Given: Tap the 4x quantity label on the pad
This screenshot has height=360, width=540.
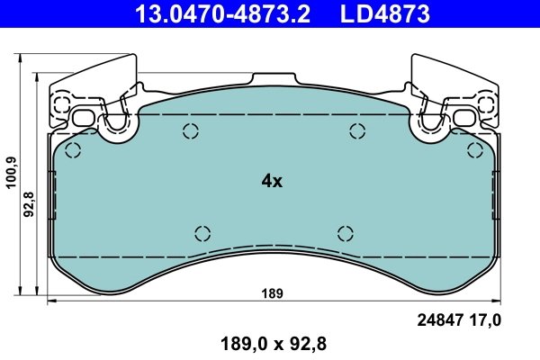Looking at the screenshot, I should tap(271, 181).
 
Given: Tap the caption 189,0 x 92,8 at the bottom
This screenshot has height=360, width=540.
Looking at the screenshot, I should tap(271, 343).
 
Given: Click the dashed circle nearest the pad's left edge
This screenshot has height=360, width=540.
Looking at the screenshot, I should tap(75, 150).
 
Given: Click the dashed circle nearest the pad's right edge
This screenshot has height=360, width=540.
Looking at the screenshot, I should tap(473, 150).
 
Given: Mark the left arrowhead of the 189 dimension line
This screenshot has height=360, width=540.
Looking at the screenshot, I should tap(50, 302).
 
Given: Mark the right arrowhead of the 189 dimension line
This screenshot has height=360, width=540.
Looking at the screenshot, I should tap(497, 302).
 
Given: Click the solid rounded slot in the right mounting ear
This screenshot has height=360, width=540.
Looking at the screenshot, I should tap(464, 118).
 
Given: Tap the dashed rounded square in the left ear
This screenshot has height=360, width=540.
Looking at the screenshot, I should tap(60, 102).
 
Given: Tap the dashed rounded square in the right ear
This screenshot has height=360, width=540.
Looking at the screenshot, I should tap(487, 102).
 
